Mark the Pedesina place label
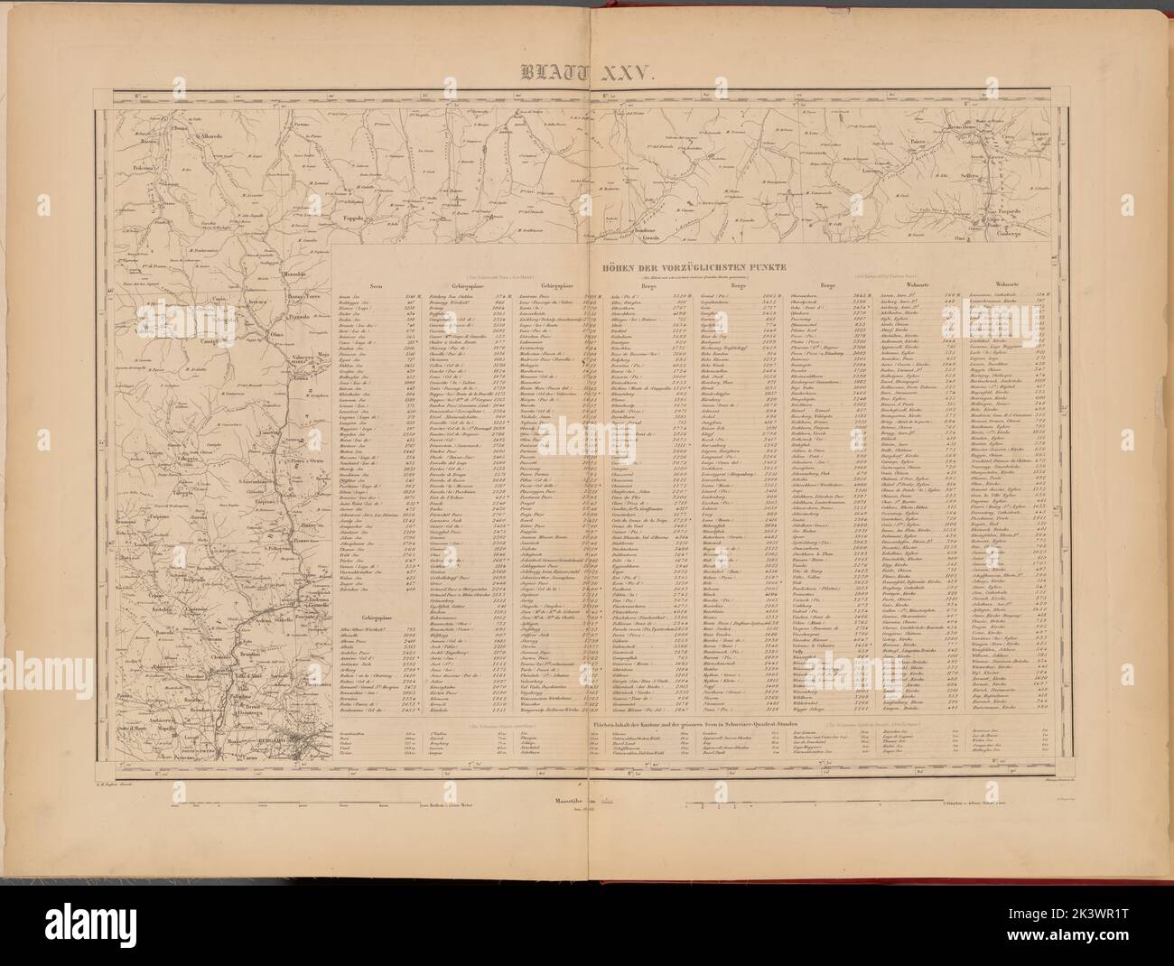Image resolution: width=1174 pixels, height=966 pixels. tap(138, 167)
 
